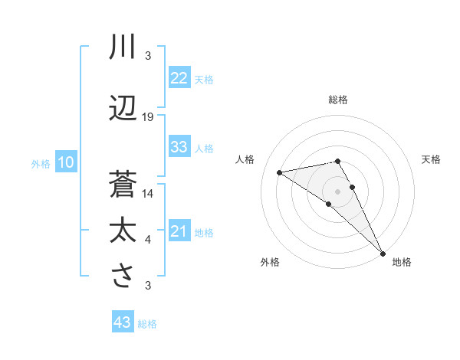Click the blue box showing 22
pos(179,78)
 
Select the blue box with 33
pos(179,148)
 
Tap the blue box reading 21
pos(179,231)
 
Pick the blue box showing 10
pos(66,162)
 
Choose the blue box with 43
pos(123,322)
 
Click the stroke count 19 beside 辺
pos(148,117)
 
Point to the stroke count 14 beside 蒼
pos(148,194)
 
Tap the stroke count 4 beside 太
pos(148,241)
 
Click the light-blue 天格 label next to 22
pos(204,79)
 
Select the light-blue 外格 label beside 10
pos(41,163)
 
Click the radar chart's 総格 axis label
pos(338,100)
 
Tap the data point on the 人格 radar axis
pos(280,172)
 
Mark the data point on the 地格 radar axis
pos(383,253)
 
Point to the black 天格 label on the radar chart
pos(431,159)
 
